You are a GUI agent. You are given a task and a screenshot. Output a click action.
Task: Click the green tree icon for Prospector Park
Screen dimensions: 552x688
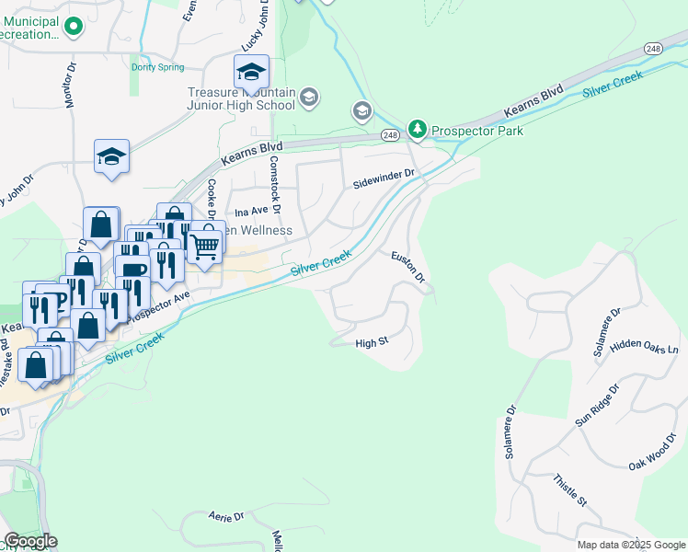pos(418,129)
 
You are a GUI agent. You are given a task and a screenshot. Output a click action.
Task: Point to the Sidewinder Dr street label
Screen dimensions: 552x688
pos(385,178)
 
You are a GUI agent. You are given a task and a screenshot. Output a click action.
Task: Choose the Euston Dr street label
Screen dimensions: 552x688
pos(407,267)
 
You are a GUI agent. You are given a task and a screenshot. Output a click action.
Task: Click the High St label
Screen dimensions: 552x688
pos(372,343)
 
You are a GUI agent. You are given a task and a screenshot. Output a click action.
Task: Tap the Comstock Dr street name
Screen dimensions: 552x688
pos(272,179)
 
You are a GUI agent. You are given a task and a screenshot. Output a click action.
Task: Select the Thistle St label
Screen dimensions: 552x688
pos(570,489)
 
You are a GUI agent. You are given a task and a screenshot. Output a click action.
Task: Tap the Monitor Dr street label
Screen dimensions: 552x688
pos(71,86)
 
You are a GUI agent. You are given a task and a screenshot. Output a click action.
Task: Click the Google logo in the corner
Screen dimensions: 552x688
pos(30,541)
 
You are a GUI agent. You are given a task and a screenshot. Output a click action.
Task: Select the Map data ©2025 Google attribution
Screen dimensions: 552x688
pos(631,545)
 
